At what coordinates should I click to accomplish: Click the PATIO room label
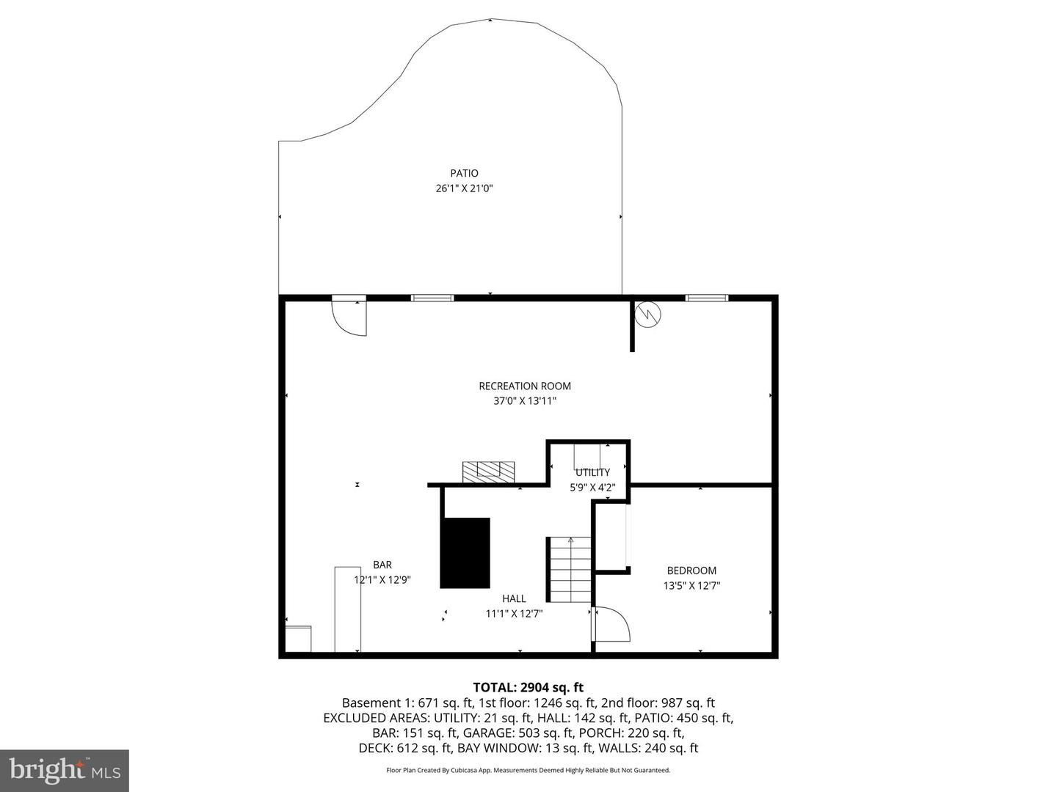pos(464,173)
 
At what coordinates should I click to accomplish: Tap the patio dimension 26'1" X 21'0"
pos(464,188)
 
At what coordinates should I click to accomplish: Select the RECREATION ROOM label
pos(524,386)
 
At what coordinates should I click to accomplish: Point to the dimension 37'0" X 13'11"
pos(524,401)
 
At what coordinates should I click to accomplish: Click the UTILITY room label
pos(592,472)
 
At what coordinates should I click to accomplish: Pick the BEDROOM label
pos(691,571)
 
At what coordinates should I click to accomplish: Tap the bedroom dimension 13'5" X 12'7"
pos(691,586)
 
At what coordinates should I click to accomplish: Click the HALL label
pos(514,598)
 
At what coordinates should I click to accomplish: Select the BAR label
pos(382,565)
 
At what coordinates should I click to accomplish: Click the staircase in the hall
pos(569,569)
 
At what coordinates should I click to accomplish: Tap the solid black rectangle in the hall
pos(465,553)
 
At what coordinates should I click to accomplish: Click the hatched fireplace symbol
pos(488,471)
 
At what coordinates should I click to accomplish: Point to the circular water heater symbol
pos(648,314)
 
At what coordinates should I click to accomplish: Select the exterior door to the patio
pos(349,315)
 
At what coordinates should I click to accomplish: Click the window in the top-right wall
pos(707,298)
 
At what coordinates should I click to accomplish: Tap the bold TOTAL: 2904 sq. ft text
pos(528,687)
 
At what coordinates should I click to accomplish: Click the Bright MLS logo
pos(65,770)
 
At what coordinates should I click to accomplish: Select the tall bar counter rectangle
pos(347,609)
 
